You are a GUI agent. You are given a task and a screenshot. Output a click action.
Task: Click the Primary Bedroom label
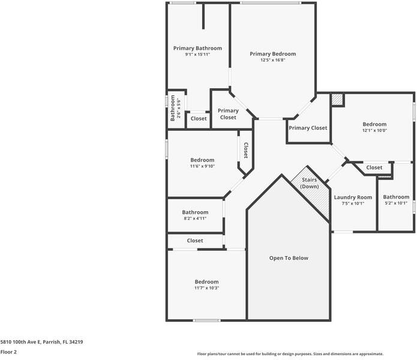pyautogui.click(x=272, y=54)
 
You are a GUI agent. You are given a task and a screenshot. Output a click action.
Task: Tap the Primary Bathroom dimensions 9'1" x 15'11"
pyautogui.click(x=197, y=55)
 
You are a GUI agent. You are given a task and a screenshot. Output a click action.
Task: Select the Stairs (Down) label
pyautogui.click(x=310, y=183)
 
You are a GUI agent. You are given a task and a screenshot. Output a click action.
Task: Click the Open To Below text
pyautogui.click(x=288, y=258)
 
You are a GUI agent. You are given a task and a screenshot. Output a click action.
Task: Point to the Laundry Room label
pyautogui.click(x=353, y=197)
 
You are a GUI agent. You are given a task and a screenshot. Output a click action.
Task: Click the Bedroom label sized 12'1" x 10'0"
pyautogui.click(x=374, y=124)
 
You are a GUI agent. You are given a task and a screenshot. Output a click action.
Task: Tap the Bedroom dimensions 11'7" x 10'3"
pyautogui.click(x=206, y=288)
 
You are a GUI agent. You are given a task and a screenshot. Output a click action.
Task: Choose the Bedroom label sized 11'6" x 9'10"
pyautogui.click(x=202, y=160)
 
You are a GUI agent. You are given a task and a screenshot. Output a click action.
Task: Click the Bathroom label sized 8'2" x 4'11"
pyautogui.click(x=195, y=212)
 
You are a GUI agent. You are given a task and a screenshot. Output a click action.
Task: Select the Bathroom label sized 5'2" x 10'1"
pyautogui.click(x=396, y=197)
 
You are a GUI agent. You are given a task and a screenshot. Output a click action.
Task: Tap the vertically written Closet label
pyautogui.click(x=245, y=150)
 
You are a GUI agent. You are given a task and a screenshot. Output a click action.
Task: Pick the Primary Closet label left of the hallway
pyautogui.click(x=228, y=114)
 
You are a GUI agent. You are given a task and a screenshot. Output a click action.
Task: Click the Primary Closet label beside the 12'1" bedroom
pyautogui.click(x=308, y=128)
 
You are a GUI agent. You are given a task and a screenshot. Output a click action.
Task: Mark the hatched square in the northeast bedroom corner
pyautogui.click(x=337, y=100)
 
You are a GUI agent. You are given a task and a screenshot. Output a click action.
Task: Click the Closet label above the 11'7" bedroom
pyautogui.click(x=195, y=241)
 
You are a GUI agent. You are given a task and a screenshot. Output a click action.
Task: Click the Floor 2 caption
pyautogui.click(x=8, y=352)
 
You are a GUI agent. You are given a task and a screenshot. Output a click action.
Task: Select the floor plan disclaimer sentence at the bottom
pyautogui.click(x=290, y=354)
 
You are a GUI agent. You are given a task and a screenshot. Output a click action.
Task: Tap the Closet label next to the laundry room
pyautogui.click(x=374, y=167)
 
